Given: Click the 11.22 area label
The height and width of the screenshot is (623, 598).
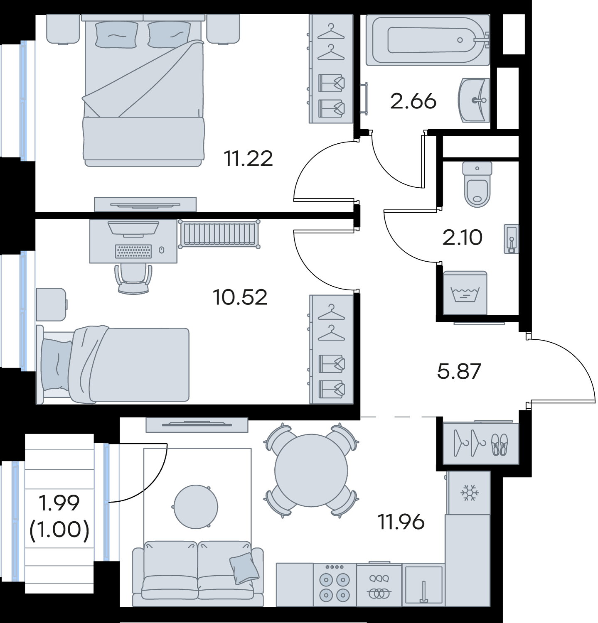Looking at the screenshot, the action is coord(248,159).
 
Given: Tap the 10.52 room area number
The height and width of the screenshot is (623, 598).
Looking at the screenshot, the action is coord(240,297).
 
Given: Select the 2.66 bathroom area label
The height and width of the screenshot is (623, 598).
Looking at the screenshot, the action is coord(413,101).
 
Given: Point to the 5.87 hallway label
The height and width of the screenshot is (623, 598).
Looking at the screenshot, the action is coord(459,371).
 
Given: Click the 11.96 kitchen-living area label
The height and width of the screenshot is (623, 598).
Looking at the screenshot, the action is coord(401,522).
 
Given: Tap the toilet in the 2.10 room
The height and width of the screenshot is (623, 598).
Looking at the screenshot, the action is coord(477,184).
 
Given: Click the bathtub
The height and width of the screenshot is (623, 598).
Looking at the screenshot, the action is coord(428,40).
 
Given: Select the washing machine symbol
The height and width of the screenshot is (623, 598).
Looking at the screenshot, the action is coord(465,293).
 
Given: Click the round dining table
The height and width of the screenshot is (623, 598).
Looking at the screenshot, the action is coord(311,471).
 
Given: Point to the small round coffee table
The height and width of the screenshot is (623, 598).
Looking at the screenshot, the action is coord(196,506).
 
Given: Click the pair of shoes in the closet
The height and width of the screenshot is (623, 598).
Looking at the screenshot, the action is coord(500,445).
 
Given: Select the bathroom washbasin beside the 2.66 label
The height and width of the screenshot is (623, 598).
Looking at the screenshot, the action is coord(474,100).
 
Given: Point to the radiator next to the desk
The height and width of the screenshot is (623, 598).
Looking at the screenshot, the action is coord(219,234).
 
